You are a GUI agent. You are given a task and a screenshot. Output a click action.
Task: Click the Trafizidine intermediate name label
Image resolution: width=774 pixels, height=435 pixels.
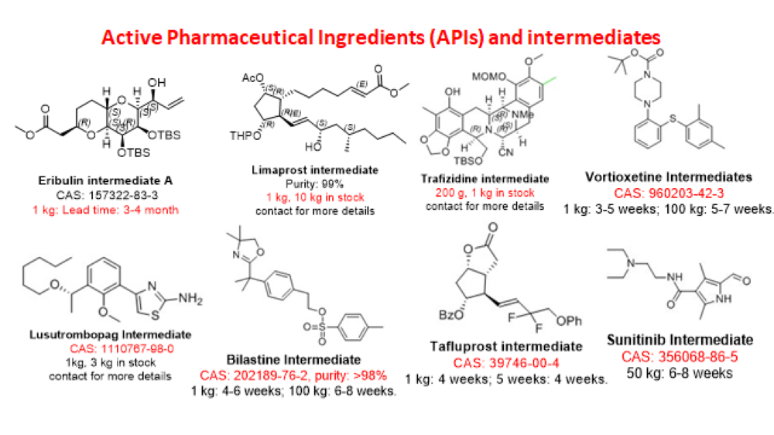click(485, 179)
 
